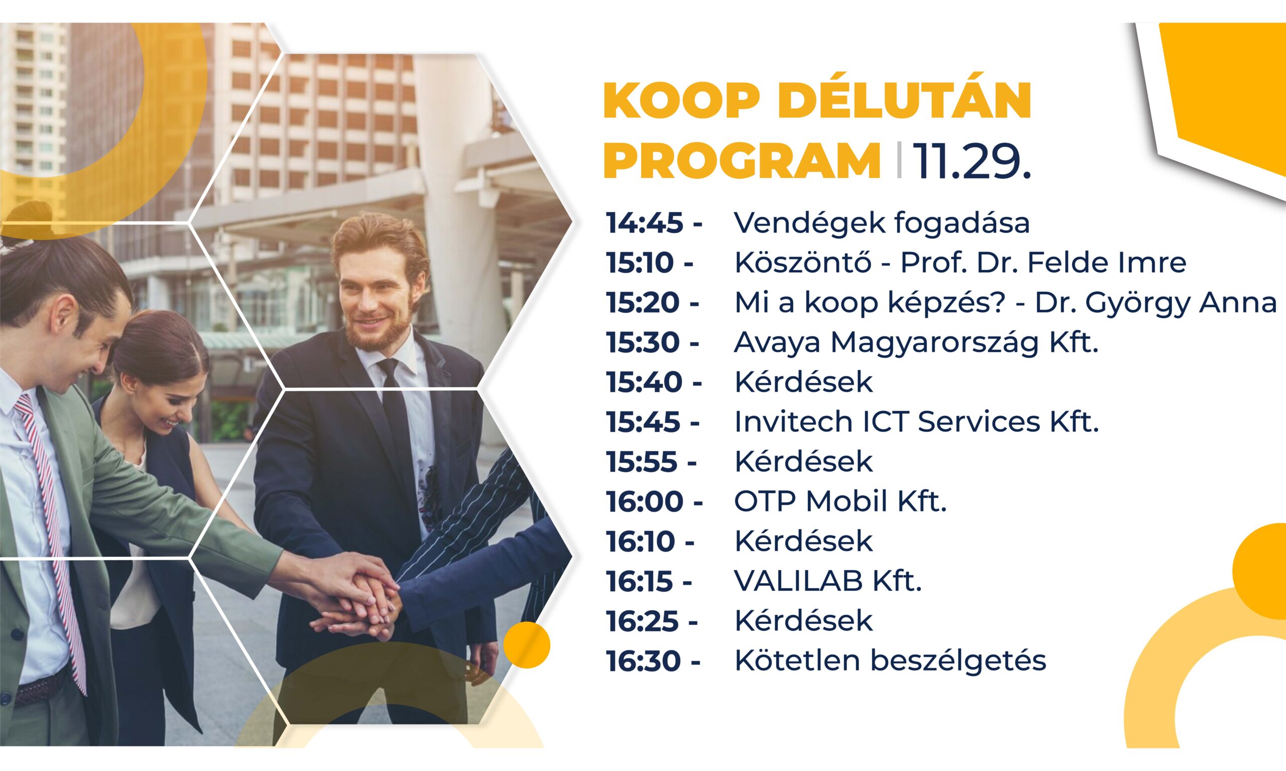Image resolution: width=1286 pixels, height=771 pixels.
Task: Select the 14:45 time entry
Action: [645, 223]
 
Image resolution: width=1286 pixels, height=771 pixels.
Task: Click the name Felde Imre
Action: [1107, 263]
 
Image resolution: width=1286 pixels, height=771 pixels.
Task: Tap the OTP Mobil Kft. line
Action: [840, 501]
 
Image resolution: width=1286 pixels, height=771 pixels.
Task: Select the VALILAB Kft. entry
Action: [828, 581]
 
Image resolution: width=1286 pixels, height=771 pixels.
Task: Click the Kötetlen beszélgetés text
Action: [890, 660]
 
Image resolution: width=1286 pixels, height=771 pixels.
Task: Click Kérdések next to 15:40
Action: [803, 382]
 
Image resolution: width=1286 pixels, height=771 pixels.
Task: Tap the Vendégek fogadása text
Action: [881, 223]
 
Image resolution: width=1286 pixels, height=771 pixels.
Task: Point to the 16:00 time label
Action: [645, 501]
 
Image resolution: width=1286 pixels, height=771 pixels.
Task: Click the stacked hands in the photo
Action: [364, 598]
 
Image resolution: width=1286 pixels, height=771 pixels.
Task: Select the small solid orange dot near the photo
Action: [526, 645]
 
